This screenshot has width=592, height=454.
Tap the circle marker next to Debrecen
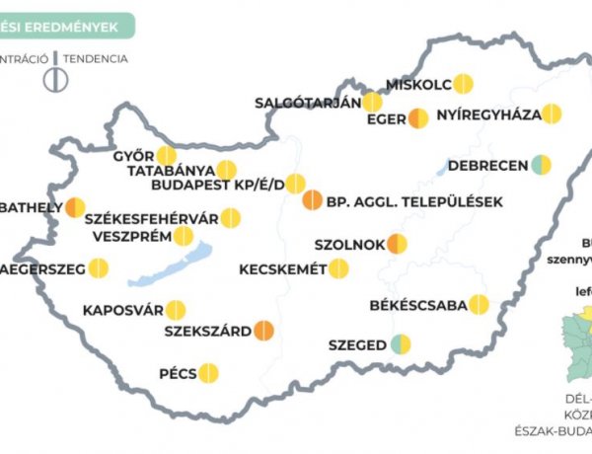541,165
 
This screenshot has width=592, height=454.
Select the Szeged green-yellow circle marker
401,344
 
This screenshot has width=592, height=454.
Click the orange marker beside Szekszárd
263,331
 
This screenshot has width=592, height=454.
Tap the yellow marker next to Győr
167,156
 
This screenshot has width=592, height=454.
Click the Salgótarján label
306,102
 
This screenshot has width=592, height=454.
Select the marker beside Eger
418,118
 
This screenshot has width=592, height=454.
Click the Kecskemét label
282,268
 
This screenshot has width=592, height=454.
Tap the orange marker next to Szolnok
398,243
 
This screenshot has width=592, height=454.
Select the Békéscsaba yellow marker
480,305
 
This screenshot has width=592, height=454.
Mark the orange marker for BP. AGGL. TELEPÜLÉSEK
311,201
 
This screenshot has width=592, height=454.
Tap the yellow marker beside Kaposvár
176,310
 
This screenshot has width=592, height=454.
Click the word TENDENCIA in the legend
96,58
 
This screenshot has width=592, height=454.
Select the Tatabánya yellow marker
226,170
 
